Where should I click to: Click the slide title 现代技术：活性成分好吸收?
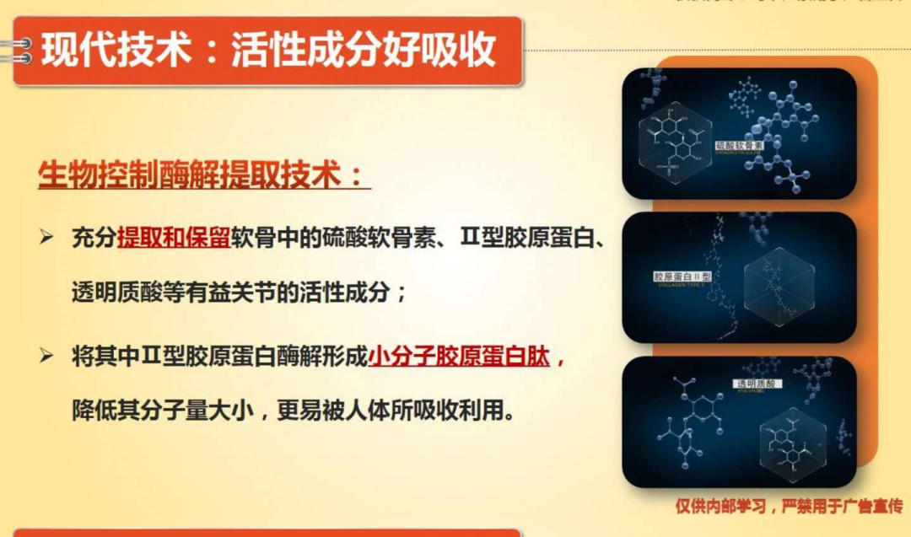268,51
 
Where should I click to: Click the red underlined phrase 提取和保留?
174,239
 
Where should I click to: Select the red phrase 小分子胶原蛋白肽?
459,357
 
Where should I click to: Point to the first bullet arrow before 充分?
47,239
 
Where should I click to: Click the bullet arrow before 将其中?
47,357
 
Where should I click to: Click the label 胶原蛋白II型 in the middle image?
682,277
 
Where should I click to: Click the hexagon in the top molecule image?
675,144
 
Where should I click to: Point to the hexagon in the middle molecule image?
779,287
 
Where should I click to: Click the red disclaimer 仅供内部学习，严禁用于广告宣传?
789,506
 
